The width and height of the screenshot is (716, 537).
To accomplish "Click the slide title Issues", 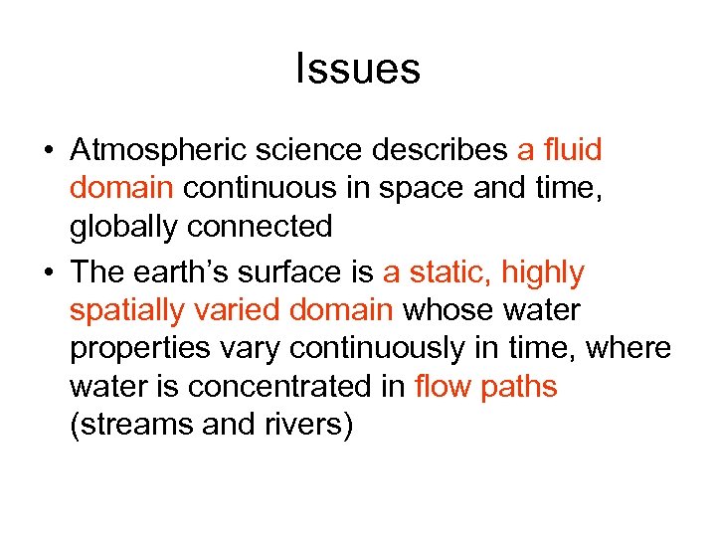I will pyautogui.click(x=358, y=70).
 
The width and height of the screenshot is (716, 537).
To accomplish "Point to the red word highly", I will pyautogui.click(x=543, y=273).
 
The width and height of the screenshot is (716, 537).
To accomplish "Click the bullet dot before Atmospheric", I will pyautogui.click(x=48, y=151).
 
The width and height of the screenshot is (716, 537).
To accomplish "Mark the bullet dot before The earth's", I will pyautogui.click(x=48, y=272).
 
